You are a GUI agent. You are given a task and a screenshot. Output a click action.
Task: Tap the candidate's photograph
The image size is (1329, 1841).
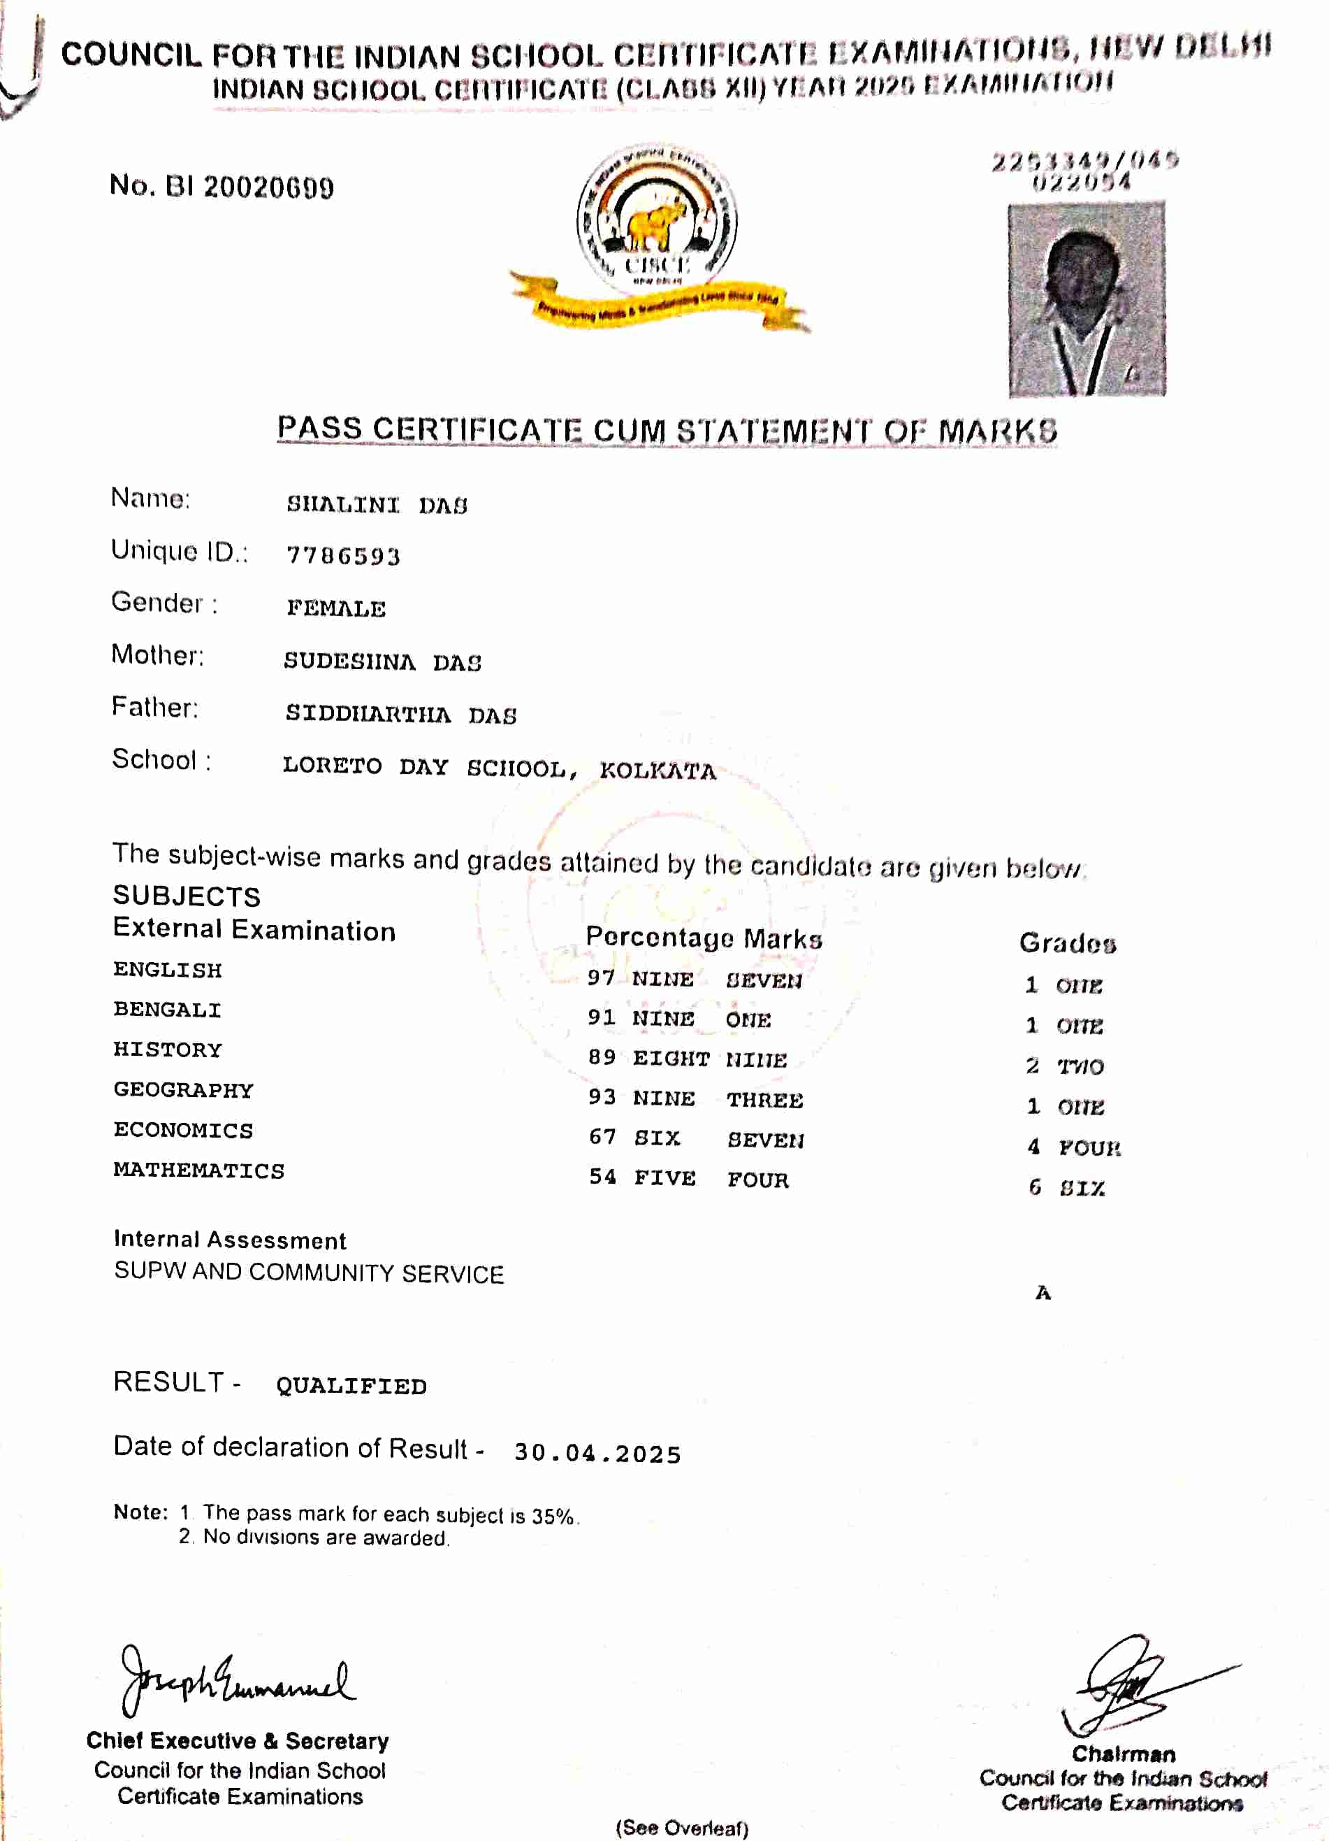tap(1087, 299)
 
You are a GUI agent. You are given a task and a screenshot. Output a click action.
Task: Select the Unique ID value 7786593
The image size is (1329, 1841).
tap(343, 556)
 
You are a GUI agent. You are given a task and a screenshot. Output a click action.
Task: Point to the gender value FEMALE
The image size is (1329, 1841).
tap(336, 608)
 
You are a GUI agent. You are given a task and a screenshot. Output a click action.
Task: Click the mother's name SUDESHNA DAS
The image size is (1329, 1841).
tap(382, 661)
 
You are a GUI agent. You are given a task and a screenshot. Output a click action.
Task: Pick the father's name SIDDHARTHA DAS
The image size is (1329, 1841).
tap(401, 715)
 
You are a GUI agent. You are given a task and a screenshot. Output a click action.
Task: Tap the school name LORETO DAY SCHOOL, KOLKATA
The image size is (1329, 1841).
tap(499, 767)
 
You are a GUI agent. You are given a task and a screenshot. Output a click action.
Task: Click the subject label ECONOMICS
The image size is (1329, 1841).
tap(183, 1130)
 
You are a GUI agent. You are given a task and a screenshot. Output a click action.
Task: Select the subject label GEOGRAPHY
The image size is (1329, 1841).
tap(183, 1089)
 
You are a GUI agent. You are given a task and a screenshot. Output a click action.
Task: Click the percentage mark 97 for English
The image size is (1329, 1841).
tap(601, 977)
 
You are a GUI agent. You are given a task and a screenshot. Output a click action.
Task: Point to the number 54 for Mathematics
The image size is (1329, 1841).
tap(603, 1176)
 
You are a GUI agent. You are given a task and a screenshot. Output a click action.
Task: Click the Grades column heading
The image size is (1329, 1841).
tap(1068, 943)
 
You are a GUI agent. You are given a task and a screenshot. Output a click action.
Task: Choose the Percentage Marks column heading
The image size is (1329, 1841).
tap(704, 938)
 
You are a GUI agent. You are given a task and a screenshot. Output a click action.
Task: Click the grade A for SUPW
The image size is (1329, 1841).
tap(1043, 1292)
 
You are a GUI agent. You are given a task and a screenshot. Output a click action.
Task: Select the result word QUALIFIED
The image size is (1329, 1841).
tap(351, 1386)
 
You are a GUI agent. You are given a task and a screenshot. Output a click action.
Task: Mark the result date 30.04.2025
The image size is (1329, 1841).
tap(597, 1453)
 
